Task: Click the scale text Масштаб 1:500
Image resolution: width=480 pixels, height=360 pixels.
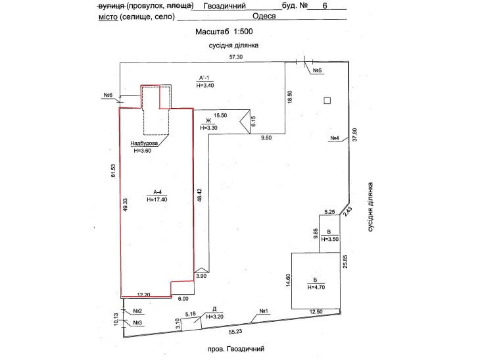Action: point(224,31)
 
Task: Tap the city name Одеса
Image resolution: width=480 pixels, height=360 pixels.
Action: point(264,16)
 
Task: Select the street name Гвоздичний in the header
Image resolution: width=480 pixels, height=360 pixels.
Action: point(224,6)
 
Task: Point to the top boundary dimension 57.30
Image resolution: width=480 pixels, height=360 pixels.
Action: point(236,57)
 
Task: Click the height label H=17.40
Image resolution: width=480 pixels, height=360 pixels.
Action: point(157,199)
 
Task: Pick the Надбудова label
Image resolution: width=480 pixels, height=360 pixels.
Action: point(144,143)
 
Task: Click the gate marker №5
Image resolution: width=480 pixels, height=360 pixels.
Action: point(318,70)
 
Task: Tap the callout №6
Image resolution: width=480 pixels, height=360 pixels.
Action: point(108,95)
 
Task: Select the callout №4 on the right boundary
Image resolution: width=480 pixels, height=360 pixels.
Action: point(335,138)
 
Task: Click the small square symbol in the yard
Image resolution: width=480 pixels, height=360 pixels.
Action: point(327,101)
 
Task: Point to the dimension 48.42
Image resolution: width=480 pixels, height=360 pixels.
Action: point(200,195)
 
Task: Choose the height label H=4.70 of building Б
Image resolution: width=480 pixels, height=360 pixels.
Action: point(316,287)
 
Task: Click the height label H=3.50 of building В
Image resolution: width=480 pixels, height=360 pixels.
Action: point(329,239)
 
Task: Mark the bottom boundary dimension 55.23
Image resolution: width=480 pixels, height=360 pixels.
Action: point(235,331)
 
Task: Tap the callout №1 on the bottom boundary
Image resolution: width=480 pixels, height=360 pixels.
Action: point(264,311)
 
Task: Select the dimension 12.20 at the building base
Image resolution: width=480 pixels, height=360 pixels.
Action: point(143,295)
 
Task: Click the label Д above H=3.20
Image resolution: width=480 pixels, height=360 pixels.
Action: point(214,309)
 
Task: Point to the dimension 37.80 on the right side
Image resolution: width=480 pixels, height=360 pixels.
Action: point(355,134)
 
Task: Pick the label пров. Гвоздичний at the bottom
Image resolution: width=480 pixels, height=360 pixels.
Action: point(235,349)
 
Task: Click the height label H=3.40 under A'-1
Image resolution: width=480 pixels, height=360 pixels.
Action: point(205,86)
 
